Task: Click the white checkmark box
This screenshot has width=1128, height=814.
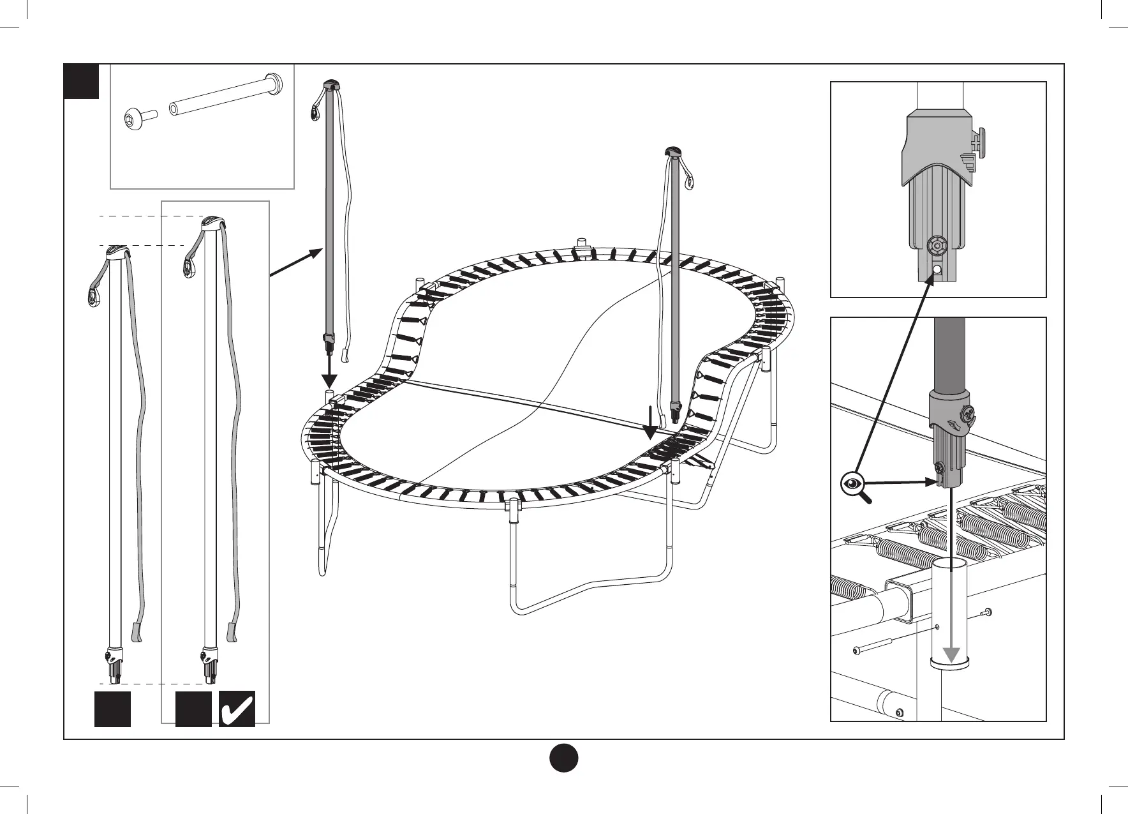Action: tap(237, 709)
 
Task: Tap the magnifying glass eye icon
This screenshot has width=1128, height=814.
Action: tap(852, 483)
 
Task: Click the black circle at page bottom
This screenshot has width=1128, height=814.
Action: tap(563, 757)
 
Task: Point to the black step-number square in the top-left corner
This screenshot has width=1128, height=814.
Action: tap(82, 81)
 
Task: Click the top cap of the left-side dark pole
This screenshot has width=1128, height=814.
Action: tap(332, 84)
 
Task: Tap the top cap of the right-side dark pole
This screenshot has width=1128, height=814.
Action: tap(674, 151)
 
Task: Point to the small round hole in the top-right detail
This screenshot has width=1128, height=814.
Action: tap(936, 270)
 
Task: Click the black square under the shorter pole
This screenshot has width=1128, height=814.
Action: tap(112, 709)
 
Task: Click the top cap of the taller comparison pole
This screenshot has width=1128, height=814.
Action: tap(212, 223)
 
